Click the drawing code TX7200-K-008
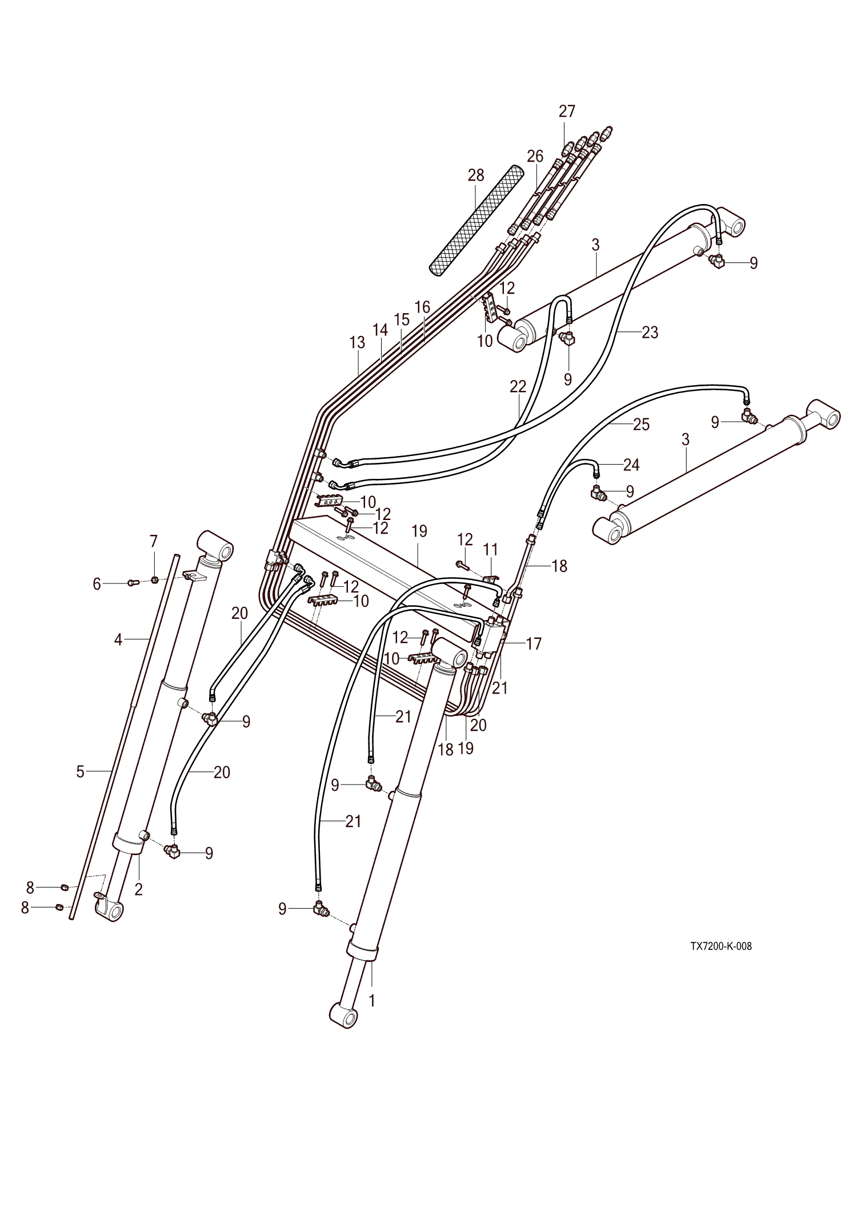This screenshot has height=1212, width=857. (x=720, y=946)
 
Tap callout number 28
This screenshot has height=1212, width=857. (x=475, y=175)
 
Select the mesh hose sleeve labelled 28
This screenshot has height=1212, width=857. (x=476, y=221)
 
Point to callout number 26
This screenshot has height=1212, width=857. (x=535, y=156)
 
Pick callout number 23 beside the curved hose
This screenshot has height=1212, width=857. (x=650, y=332)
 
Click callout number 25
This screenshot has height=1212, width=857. (x=641, y=424)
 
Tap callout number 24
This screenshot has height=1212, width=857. (x=631, y=465)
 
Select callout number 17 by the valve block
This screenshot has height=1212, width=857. (x=533, y=644)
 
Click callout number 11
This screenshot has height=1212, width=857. (x=490, y=550)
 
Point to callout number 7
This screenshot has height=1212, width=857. (x=153, y=541)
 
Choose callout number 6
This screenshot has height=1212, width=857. (x=97, y=583)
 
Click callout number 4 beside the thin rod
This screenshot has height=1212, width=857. (x=118, y=639)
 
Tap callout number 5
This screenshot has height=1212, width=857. (x=80, y=771)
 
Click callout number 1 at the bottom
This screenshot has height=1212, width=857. (x=372, y=1001)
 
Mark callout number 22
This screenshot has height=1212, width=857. (x=518, y=386)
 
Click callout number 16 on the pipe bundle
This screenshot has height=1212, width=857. (x=422, y=307)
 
